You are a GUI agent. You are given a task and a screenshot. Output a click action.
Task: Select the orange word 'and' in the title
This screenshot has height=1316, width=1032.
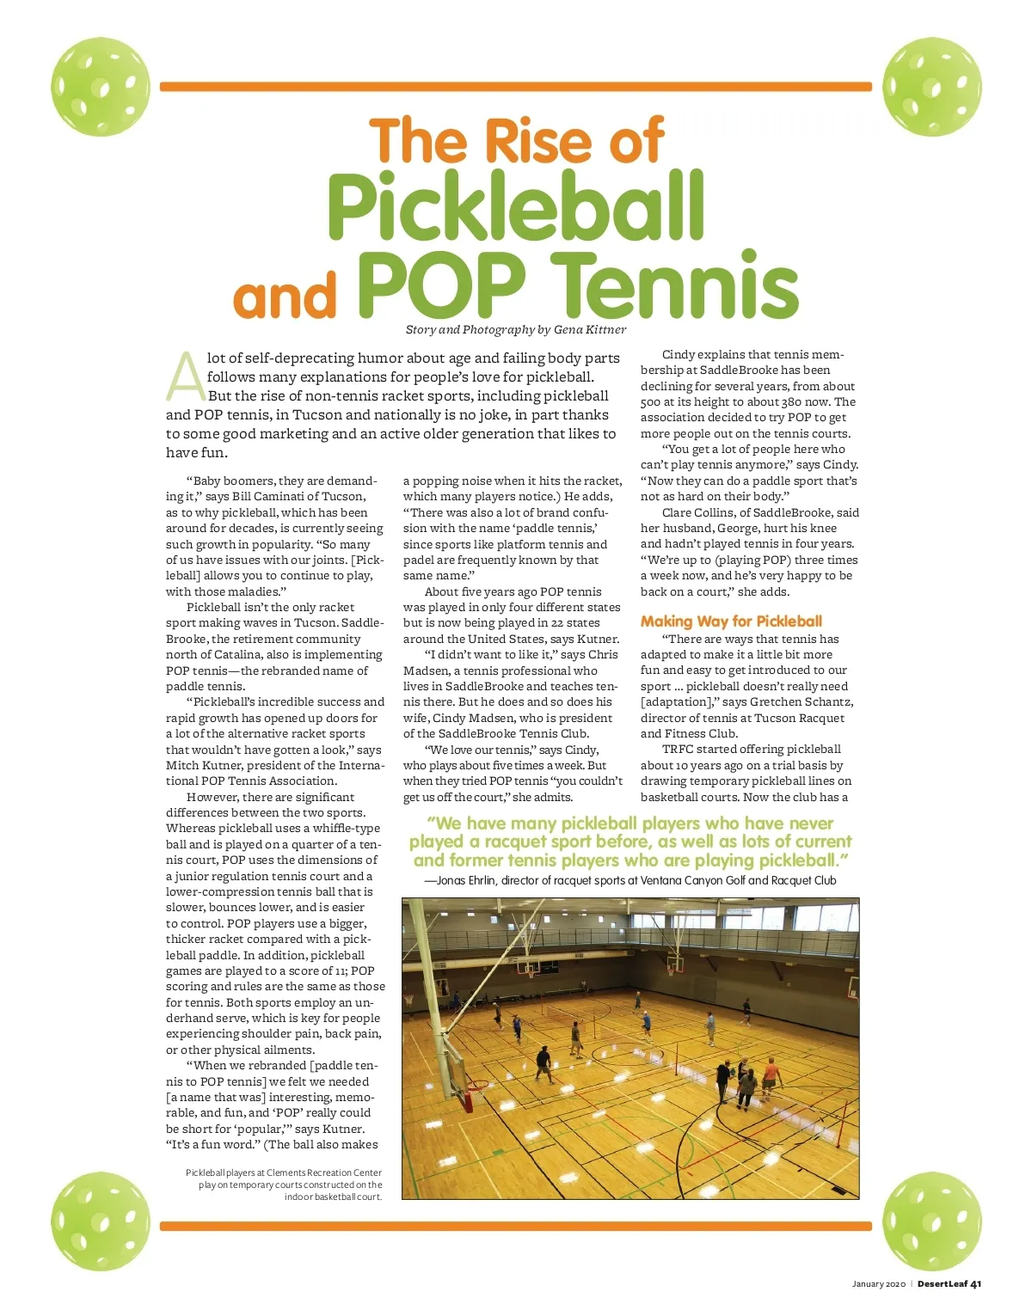(284, 297)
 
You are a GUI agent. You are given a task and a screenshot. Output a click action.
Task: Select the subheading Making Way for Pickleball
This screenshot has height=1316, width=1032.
(731, 621)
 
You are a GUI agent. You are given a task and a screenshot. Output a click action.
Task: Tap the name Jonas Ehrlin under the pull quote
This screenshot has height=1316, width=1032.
(465, 881)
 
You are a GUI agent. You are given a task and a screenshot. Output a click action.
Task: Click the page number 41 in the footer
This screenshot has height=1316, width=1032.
(975, 1284)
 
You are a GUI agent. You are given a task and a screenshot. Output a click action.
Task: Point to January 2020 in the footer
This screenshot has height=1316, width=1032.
(878, 1284)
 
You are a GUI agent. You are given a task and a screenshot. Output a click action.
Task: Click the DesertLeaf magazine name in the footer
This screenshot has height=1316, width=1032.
(942, 1284)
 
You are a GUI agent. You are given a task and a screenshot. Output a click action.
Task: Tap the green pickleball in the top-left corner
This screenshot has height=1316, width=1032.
(101, 86)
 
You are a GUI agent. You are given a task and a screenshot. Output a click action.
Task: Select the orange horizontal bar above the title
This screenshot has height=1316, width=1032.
(516, 87)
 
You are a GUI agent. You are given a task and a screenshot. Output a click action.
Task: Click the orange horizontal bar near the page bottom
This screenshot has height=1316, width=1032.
(516, 1226)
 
